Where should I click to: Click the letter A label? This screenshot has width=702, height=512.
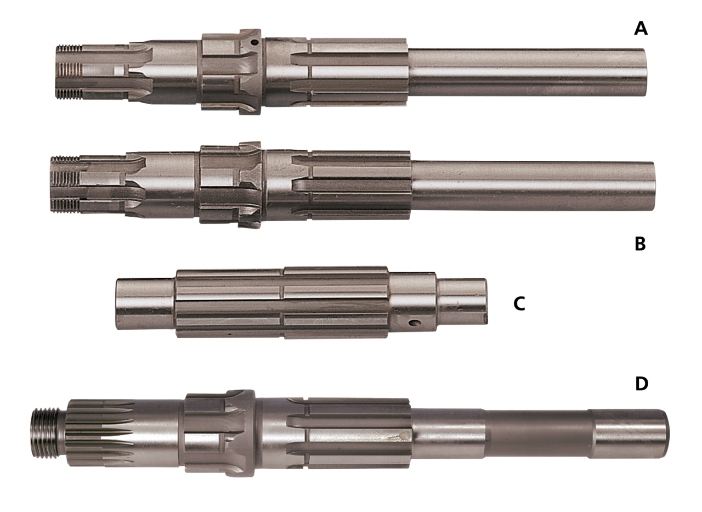tap(641, 29)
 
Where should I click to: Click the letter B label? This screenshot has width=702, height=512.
tap(640, 244)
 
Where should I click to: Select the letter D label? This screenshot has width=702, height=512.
tap(642, 384)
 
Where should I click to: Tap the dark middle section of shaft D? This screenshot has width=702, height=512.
tap(537, 434)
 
